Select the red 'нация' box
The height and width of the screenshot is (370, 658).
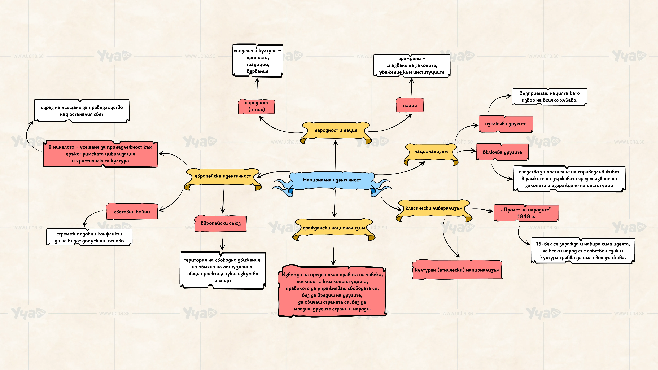coord(410,105)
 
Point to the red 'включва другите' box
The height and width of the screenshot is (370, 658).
coord(502,152)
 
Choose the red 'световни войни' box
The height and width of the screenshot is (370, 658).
coord(132,211)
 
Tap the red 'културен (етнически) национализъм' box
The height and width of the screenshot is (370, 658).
coord(457,270)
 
